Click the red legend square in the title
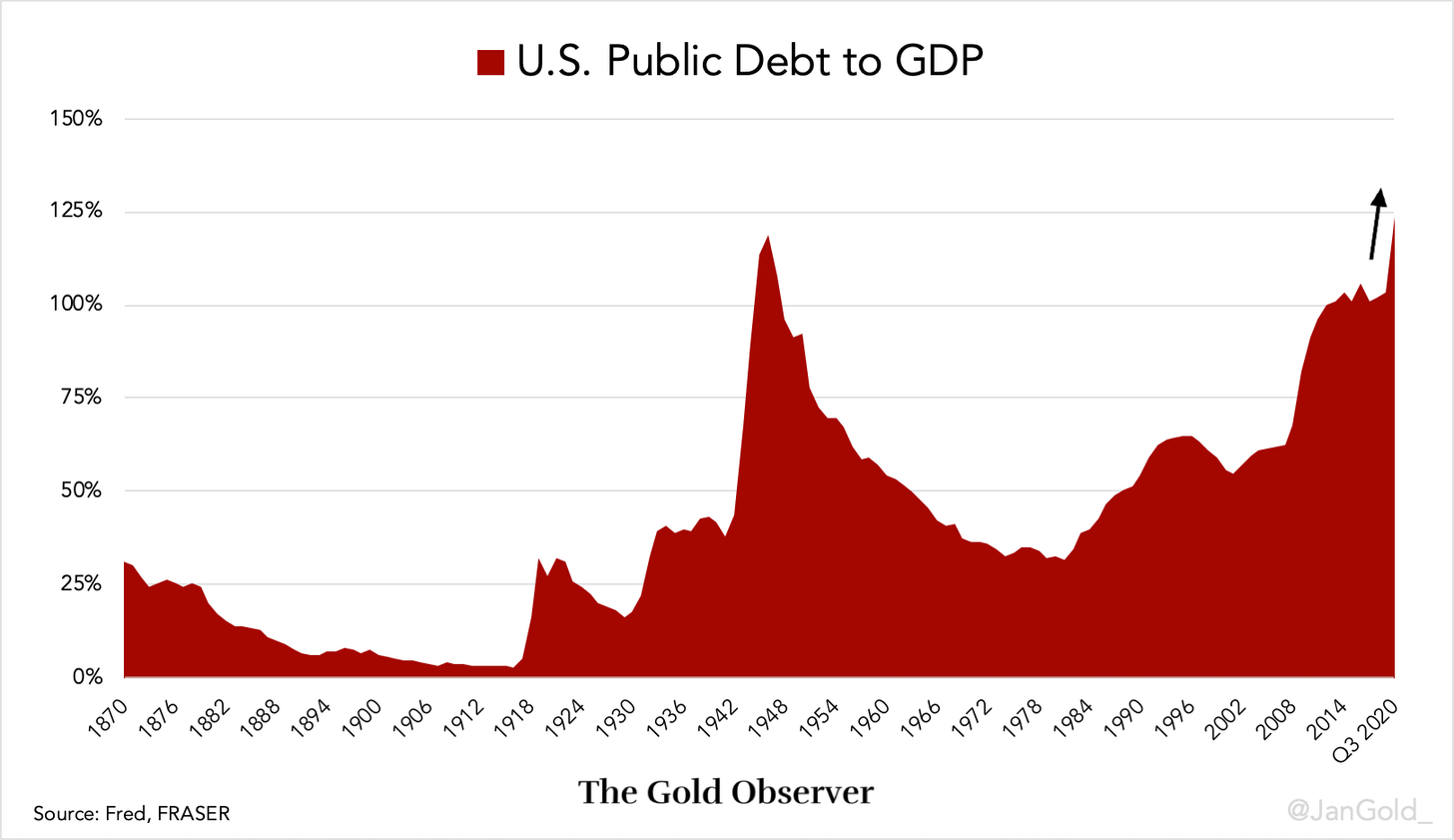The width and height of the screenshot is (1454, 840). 490,62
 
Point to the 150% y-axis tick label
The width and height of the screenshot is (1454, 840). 76,119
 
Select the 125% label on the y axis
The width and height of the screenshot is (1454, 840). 76,212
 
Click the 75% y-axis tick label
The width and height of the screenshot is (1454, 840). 80,398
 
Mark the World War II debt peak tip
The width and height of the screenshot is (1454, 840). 768,237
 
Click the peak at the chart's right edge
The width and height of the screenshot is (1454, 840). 1393,219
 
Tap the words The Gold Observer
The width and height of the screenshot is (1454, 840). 726,792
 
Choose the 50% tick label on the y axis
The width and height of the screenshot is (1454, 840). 80,490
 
